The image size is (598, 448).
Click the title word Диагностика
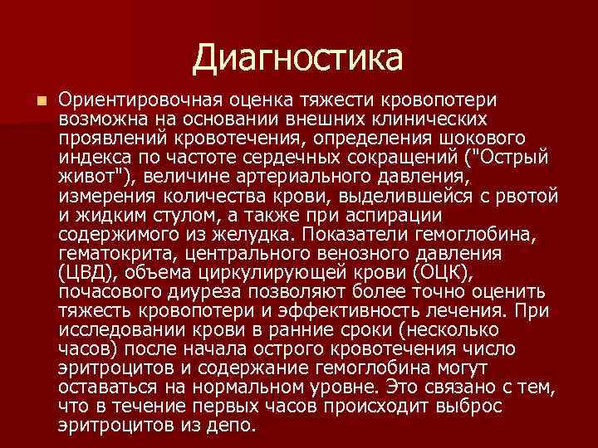click(x=298, y=57)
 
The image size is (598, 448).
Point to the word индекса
click(x=89, y=155)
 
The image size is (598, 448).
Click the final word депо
click(x=233, y=424)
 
